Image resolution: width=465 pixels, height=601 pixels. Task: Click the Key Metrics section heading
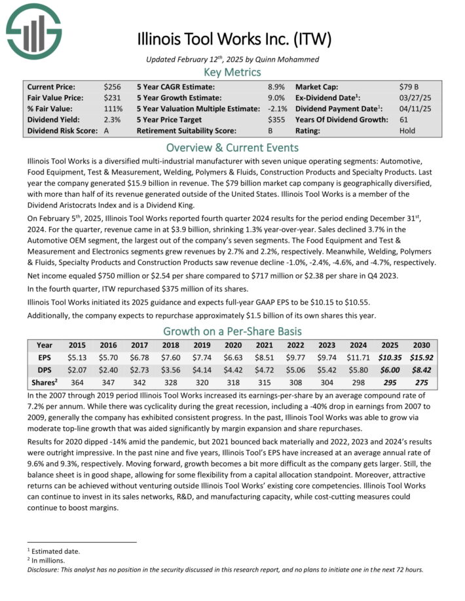tap(232, 72)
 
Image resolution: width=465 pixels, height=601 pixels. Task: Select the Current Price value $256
tap(112, 86)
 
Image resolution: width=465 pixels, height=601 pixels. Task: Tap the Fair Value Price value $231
tap(112, 97)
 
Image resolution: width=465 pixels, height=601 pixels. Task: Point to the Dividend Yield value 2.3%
tap(112, 120)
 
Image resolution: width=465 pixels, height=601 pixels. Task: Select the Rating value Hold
tap(407, 131)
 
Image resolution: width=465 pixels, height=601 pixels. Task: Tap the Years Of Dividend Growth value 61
tap(403, 120)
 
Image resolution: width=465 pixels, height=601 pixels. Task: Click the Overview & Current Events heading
tap(232, 147)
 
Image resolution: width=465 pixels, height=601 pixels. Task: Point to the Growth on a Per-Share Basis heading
tap(232, 331)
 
